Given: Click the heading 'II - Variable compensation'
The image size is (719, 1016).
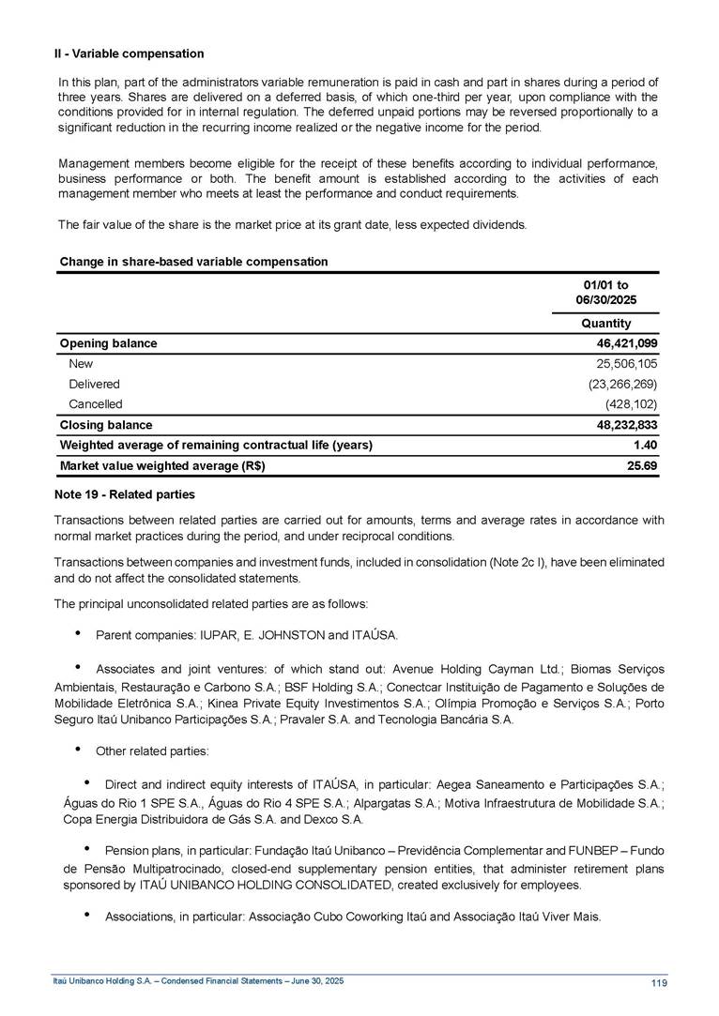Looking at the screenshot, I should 130,53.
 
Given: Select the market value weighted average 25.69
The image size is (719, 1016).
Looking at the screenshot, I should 641,466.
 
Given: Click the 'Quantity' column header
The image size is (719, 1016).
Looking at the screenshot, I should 606,324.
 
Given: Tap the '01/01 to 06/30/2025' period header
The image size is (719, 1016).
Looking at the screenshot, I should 605,292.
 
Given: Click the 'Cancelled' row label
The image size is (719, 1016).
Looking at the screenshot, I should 95,404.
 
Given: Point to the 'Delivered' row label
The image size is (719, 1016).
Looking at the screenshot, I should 94,384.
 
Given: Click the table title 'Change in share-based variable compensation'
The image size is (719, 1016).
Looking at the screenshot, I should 193,262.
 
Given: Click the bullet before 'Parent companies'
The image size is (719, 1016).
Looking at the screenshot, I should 77,634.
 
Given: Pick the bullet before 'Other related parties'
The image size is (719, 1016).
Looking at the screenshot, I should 77,751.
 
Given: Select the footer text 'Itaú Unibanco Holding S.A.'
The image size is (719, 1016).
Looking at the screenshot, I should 100,980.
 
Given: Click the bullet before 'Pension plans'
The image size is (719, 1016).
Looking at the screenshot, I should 86,850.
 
